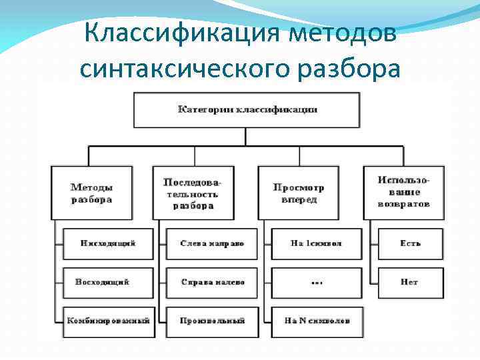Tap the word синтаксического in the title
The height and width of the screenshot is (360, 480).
[x=183, y=67]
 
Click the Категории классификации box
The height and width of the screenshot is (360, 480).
[x=247, y=110]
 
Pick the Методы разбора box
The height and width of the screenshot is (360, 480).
[x=92, y=193]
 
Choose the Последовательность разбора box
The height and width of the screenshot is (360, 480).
[x=194, y=193]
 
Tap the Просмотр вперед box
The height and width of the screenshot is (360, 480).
[x=299, y=193]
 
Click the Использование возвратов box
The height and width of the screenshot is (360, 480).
[x=403, y=192]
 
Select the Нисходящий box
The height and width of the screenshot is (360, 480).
[x=108, y=244]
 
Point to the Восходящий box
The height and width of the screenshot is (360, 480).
[x=108, y=282]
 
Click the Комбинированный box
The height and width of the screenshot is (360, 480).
[x=108, y=321]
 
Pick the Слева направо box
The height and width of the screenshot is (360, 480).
[x=213, y=244]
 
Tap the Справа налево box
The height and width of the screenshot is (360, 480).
[x=213, y=282]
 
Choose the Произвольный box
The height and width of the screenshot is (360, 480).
[x=213, y=321]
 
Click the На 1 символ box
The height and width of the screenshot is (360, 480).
[x=317, y=244]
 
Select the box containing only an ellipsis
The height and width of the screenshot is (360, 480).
[x=317, y=282]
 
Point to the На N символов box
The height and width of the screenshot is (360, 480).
[x=317, y=321]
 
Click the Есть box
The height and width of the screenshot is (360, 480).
[x=410, y=244]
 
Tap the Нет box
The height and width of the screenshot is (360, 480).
[x=410, y=282]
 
